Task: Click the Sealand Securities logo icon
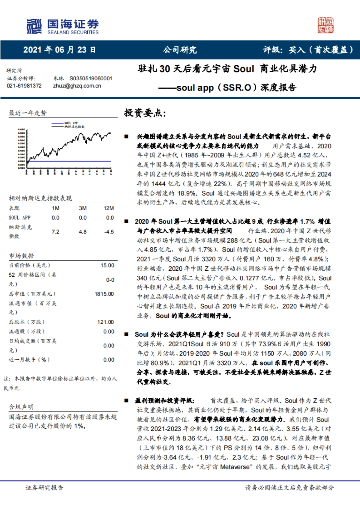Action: point(34,26)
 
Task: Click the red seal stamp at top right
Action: point(325,25)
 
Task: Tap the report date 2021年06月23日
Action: point(59,50)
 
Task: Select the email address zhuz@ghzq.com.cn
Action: point(77,86)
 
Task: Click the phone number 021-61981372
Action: point(24,86)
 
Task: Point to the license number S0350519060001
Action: point(91,79)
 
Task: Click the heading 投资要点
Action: point(145,113)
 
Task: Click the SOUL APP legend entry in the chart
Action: point(71,123)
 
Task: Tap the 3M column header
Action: point(83,208)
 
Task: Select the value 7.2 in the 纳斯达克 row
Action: point(55,232)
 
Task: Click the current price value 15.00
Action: point(107,265)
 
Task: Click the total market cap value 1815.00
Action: point(104,294)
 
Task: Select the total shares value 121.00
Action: point(106,322)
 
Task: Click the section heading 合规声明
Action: point(21,407)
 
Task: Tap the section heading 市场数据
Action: point(21,256)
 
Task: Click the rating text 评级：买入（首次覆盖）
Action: point(308,50)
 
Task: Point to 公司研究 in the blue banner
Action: point(180,50)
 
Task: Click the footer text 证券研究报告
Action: point(44,488)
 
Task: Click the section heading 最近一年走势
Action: point(28,113)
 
